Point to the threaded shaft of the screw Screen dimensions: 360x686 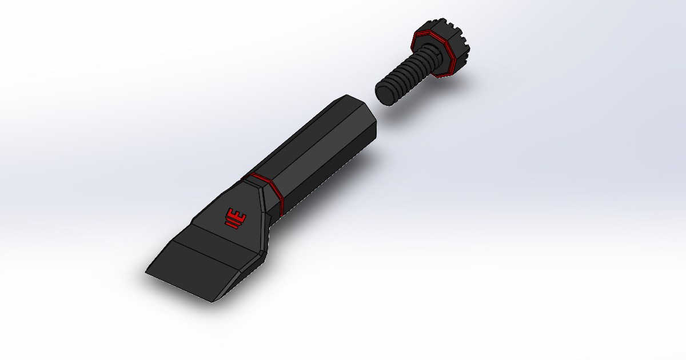pyautogui.click(x=409, y=77)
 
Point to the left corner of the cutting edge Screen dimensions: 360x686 pyautogui.click(x=146, y=273)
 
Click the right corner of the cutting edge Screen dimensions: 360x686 pyautogui.click(x=212, y=302)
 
